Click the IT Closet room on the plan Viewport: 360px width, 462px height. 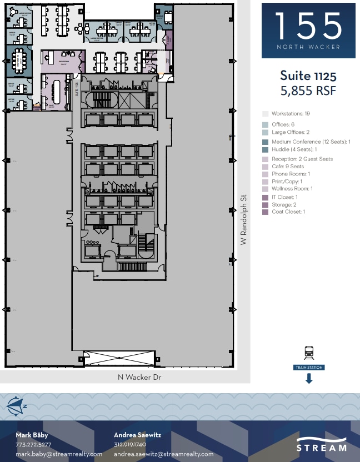pos(169,40)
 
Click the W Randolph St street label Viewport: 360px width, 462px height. pos(243,220)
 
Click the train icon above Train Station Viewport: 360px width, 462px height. pos(309,352)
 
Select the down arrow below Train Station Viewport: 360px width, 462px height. pos(309,379)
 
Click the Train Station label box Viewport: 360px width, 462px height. pos(309,368)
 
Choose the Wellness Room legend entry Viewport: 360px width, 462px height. pos(292,189)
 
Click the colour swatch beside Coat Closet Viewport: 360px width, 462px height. pos(266,212)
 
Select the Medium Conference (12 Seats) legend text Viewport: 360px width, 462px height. pos(311,142)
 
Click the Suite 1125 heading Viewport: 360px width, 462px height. pos(308,76)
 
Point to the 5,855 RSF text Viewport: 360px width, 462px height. pos(308,91)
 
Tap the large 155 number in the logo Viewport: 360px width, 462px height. pos(308,26)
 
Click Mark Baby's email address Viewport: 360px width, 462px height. pos(59,454)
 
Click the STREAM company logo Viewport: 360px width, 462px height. pos(322,446)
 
